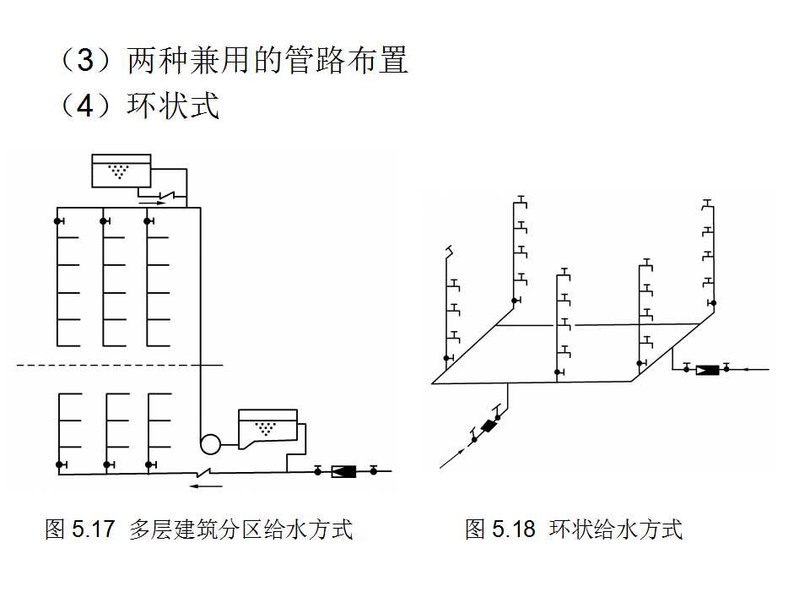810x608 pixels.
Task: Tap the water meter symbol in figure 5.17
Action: pos(344,471)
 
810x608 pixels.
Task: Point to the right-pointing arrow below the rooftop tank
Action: pos(152,202)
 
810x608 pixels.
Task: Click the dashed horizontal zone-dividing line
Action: pos(118,365)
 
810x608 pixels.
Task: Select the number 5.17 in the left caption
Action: pos(93,529)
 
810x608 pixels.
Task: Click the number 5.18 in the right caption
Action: pos(513,529)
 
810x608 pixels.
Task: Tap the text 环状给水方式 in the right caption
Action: pos(616,529)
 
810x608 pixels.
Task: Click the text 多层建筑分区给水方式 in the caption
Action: pos(240,529)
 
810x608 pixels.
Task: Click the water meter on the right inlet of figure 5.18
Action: pos(706,369)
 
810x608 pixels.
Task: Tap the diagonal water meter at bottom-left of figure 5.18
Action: pos(487,426)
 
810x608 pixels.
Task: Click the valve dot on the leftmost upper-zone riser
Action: pos(58,221)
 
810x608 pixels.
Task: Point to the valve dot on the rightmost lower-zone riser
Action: pos(149,464)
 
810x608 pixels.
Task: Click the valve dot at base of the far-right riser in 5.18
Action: pos(713,303)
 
